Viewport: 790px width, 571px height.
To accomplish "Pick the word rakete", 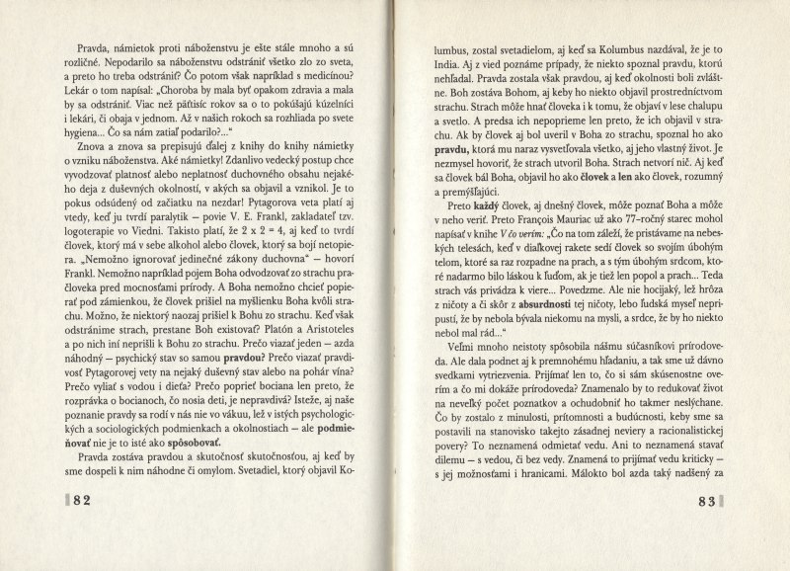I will [x=587, y=293].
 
